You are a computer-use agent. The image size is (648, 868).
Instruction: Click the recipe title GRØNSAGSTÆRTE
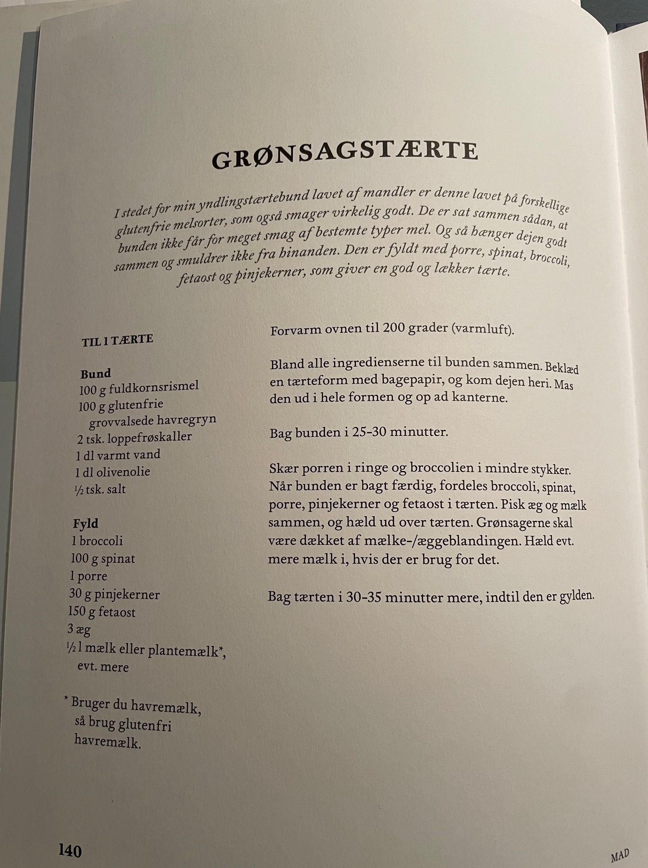pos(345,153)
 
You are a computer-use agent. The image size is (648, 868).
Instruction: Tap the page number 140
pos(70,851)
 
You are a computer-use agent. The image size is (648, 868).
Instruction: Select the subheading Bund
pos(96,373)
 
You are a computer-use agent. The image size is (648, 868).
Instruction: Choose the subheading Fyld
pos(85,524)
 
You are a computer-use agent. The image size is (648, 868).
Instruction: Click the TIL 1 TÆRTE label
pos(118,340)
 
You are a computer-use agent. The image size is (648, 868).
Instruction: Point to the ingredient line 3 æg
pos(79,629)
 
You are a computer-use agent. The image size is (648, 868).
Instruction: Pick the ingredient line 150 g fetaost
pos(102,612)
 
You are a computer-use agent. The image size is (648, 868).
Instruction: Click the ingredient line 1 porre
pos(88,576)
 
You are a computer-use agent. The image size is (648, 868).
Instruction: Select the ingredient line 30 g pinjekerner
pos(114,594)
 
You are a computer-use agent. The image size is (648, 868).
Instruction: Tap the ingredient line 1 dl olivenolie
pos(112,472)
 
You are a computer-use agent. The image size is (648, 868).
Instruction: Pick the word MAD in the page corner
pos(620,854)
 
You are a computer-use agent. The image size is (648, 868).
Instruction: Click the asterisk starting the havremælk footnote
pos(66,700)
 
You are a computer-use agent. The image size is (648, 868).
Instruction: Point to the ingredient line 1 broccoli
pos(97,541)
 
